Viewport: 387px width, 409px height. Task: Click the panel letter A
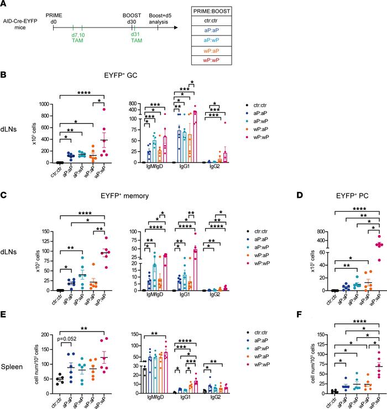pos(5,5)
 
